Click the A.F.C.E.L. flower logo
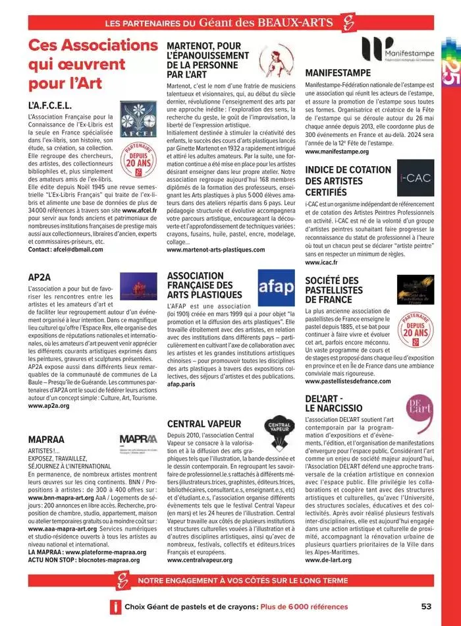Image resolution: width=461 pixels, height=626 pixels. [138, 119]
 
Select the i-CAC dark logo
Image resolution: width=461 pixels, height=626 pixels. [414, 179]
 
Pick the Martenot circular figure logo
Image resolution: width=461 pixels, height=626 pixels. [273, 57]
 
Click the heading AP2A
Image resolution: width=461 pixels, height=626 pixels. [41, 276]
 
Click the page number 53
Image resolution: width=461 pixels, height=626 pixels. [426, 606]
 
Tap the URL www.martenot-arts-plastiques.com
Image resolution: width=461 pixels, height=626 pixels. [215, 250]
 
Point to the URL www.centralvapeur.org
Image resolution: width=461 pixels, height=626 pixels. [200, 559]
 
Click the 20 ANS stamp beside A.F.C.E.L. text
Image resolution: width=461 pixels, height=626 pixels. [138, 161]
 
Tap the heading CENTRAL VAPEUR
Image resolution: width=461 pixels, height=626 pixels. [204, 424]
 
